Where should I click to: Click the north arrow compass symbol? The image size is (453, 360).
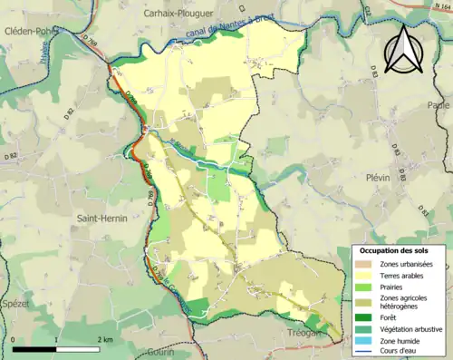pos(401,49)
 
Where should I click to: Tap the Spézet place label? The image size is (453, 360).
pos(16,304)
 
